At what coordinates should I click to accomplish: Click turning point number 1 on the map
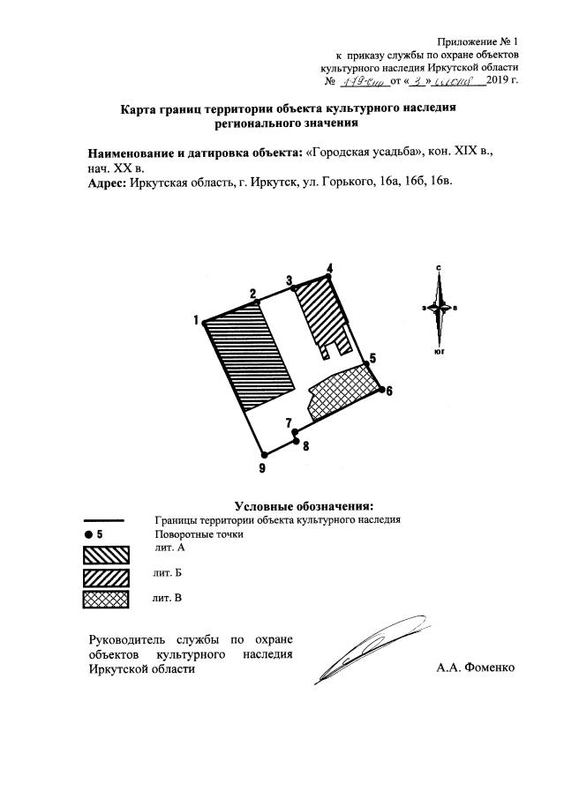click(x=205, y=322)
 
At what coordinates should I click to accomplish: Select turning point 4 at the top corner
click(x=330, y=276)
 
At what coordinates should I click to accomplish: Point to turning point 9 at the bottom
click(x=264, y=454)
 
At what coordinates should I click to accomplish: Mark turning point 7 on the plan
click(x=296, y=432)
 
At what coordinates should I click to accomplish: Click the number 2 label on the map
click(x=253, y=294)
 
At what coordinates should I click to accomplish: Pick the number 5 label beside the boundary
click(x=372, y=358)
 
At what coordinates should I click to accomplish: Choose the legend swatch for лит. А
click(x=106, y=554)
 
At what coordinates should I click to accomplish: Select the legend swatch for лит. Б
click(x=106, y=577)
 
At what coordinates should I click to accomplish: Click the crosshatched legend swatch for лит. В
click(x=106, y=600)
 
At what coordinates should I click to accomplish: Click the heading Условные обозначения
click(x=304, y=505)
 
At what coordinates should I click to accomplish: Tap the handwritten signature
click(x=353, y=653)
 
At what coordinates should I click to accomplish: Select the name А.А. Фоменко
click(x=475, y=667)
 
